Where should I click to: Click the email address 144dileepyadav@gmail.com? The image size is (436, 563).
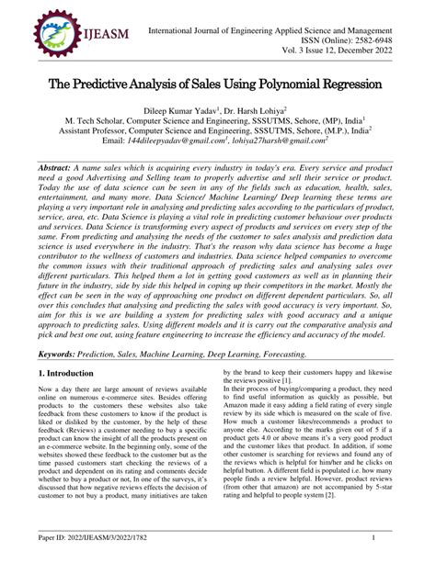tap(181, 142)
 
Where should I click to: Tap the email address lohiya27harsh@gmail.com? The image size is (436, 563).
tap(286, 142)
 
